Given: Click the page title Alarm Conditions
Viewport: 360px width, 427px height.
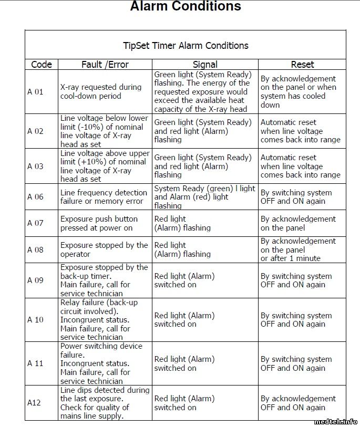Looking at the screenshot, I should (x=186, y=7).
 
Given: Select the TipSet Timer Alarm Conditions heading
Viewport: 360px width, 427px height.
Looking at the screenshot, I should (x=186, y=45).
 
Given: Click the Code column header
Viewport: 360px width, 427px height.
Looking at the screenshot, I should (x=42, y=65).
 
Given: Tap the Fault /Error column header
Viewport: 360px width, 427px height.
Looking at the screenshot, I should (x=105, y=65).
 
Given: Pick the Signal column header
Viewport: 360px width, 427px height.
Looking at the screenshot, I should (x=205, y=65).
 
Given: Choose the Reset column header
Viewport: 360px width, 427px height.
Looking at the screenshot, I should (x=302, y=65).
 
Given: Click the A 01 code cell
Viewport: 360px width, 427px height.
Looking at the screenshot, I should (x=35, y=92).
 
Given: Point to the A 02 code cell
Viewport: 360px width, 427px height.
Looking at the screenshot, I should (x=35, y=131).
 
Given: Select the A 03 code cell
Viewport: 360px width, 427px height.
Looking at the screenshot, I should (x=35, y=166).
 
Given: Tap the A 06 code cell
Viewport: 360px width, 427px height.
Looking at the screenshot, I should (x=35, y=197).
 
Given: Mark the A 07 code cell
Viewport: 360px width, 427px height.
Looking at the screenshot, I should (x=35, y=223).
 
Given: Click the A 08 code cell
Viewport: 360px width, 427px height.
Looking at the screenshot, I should (x=35, y=250).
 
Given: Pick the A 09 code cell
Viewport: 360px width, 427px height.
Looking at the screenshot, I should (x=35, y=280).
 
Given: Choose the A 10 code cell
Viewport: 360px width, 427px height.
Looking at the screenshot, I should (x=35, y=320).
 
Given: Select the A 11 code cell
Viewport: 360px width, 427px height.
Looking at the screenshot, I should (x=35, y=363).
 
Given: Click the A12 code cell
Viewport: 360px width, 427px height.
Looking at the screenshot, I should (x=34, y=403).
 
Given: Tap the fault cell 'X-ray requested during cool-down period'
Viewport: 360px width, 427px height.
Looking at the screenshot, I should (x=101, y=92).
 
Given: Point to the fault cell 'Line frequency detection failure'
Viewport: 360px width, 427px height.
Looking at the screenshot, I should (x=104, y=197).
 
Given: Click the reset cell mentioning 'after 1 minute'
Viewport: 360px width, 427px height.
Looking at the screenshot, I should (x=298, y=249).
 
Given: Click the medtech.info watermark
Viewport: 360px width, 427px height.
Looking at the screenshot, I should (x=336, y=421).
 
